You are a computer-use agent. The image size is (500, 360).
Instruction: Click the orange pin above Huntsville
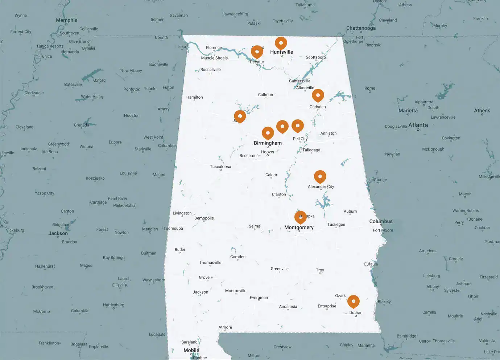[281, 43]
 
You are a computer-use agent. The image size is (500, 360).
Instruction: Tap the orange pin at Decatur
[257, 52]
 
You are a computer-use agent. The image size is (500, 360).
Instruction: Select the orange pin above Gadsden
[318, 95]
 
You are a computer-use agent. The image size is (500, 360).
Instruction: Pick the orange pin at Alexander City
[320, 177]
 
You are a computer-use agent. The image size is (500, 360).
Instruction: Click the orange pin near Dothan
[353, 302]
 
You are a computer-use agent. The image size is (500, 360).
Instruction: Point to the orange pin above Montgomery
[300, 217]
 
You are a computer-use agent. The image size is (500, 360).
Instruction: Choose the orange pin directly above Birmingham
[268, 133]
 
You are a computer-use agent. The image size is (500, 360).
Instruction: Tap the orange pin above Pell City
[297, 126]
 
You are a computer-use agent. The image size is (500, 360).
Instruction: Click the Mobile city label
[191, 350]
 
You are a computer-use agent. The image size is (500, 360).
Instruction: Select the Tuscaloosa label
[220, 167]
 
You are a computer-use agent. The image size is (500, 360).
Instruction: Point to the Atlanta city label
[418, 125]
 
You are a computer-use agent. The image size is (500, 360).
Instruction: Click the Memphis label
[66, 20]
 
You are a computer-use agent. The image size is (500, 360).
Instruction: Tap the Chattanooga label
[361, 28]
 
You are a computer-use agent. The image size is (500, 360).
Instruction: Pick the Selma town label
[254, 226]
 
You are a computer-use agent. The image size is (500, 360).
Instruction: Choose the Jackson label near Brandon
[58, 233]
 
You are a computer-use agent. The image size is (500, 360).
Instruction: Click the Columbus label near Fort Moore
[381, 221]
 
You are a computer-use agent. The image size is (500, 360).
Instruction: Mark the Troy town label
[320, 270]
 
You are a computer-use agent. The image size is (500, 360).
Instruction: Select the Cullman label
[265, 95]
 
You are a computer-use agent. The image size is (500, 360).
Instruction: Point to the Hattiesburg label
[113, 305]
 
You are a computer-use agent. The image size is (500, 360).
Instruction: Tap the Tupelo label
[150, 89]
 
